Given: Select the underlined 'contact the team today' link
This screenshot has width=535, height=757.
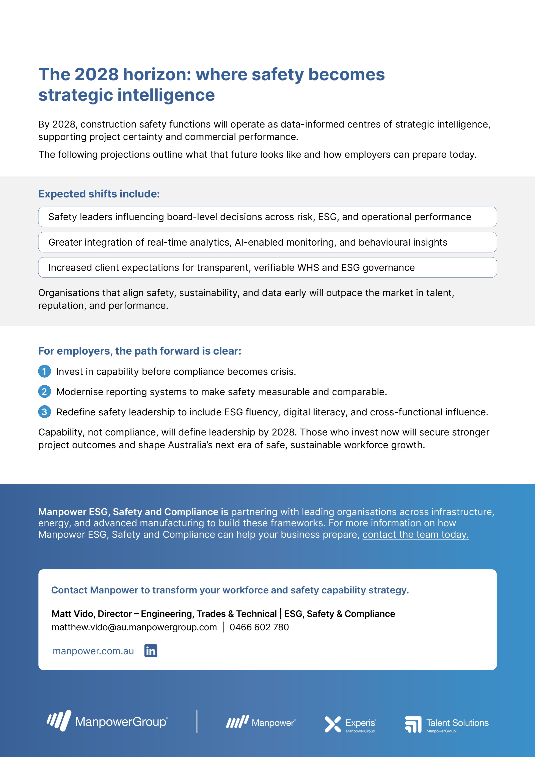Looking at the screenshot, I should coord(415,535).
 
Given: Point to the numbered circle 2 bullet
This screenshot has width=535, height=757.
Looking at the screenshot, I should coord(44,392).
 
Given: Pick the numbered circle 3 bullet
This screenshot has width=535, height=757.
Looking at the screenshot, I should coord(44,412).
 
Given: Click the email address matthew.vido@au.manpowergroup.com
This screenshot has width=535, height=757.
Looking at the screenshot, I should coord(134,627).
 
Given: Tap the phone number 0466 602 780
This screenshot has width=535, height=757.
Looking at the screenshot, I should coord(259,627).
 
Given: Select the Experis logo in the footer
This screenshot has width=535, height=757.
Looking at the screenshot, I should coord(350,724).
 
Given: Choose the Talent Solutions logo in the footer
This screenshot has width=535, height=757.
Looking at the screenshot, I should coord(446,724).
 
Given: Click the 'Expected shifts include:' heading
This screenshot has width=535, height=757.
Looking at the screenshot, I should coord(99,194).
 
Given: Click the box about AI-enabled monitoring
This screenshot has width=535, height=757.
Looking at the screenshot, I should coord(267,242).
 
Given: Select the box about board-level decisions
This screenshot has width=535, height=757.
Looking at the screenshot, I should coord(267,217).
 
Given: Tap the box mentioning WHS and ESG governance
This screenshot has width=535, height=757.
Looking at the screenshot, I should coord(267,267).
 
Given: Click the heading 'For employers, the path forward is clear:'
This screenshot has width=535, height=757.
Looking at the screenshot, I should coord(140,351).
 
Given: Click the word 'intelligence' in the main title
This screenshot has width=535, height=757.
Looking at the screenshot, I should coord(166,95).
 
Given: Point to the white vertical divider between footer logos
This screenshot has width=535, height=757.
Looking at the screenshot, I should coord(197,721).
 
